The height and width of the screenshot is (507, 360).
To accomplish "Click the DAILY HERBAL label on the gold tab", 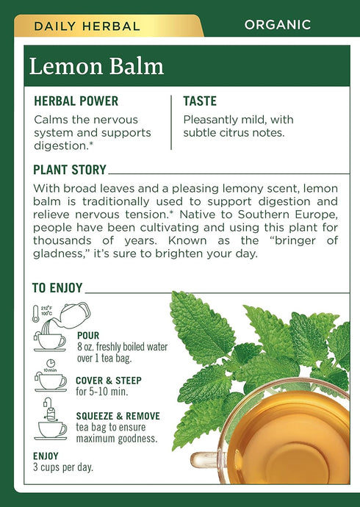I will point(87,26).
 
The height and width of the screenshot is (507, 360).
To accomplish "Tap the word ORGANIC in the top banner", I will point(277,25).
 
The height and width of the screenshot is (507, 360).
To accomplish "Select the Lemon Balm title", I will point(96,65).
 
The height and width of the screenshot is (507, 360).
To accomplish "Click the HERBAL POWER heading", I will point(76,101).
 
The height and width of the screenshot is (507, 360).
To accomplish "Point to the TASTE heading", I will point(200,101).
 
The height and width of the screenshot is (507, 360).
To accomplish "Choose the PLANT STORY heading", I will point(70,170).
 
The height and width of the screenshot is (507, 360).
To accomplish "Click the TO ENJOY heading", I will point(57,288).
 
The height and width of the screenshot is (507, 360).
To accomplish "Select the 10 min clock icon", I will point(50,363).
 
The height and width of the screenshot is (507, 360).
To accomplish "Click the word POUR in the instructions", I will point(87,336).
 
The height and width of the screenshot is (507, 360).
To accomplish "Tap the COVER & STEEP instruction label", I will point(109,381).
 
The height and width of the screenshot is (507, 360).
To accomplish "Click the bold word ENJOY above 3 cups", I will point(46,456).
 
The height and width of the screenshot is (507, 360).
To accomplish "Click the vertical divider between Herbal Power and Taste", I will point(171,122).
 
